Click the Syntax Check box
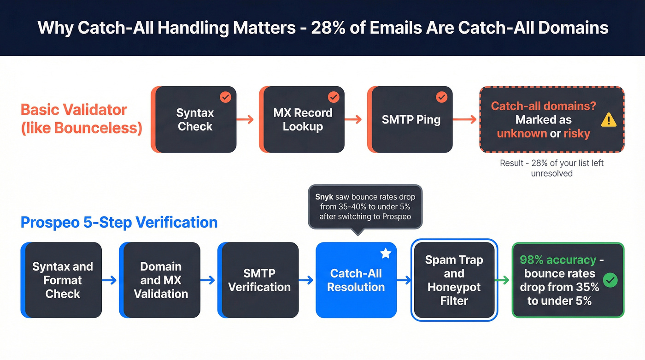point(194,120)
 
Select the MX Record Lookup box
point(303,120)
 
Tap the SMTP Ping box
point(411,120)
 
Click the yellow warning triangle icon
point(609,120)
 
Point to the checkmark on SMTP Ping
point(441,97)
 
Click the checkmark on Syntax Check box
point(225,97)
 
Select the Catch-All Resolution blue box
point(356,280)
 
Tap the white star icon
point(385,254)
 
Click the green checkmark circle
point(610,280)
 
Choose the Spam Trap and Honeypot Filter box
point(454,280)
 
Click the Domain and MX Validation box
point(161,280)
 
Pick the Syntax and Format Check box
point(63,280)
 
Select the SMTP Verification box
point(259,280)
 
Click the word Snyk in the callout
point(324,197)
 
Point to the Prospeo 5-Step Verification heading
point(119,223)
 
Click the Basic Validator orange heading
point(81,118)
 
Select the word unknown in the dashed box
point(522,134)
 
